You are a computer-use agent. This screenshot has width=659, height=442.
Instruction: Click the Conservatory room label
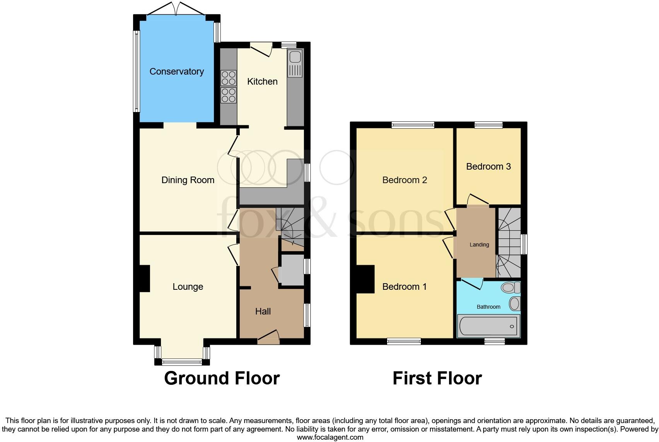[x=176, y=71]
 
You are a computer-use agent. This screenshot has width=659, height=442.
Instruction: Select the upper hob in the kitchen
[x=228, y=78]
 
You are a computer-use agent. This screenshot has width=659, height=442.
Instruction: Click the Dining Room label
[x=188, y=180]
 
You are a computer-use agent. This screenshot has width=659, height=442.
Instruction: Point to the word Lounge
[x=188, y=287]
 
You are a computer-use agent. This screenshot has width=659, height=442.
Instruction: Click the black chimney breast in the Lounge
[x=144, y=278]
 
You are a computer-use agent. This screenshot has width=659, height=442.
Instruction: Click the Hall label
[x=263, y=311]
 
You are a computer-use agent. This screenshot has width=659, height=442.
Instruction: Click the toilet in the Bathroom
[x=510, y=287]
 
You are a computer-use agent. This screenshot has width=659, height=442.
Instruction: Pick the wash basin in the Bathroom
[x=514, y=303]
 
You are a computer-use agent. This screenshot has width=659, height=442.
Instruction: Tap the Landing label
[x=479, y=245]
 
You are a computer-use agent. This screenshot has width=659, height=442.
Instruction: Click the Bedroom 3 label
[x=488, y=167]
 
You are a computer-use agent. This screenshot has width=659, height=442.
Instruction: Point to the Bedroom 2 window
[x=413, y=125]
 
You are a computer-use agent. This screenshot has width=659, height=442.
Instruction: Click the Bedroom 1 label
[x=404, y=287]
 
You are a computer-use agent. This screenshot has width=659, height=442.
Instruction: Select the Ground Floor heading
[x=222, y=378]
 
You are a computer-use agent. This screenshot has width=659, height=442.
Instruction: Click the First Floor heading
[x=437, y=378]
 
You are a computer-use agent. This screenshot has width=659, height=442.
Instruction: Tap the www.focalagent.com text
[x=330, y=437]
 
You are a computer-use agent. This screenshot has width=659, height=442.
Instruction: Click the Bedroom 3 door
[x=477, y=200]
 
